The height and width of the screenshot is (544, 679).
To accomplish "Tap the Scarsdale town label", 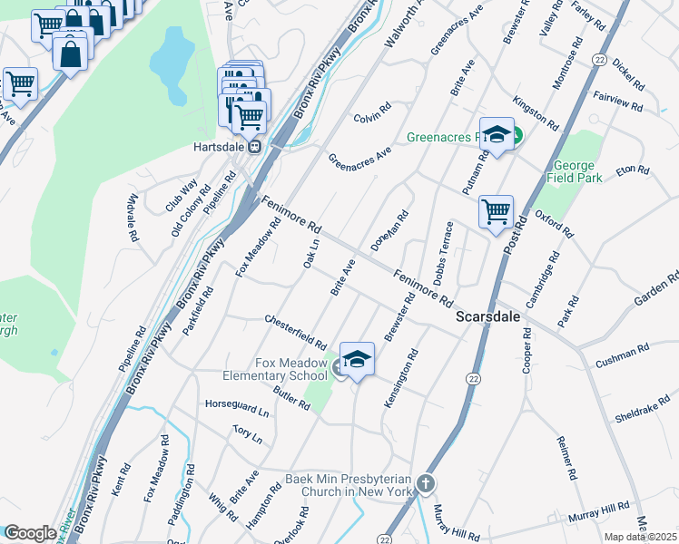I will coord(487,317).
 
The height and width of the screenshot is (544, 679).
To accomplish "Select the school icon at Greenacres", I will coord(497,135).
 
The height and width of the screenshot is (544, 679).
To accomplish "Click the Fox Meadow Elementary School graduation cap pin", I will coord(357,360).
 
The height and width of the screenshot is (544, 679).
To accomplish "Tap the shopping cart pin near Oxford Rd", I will coord(496,212).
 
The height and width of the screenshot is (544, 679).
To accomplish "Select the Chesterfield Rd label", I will coord(295,332).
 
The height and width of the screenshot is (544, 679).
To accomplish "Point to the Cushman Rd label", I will coord(623,355).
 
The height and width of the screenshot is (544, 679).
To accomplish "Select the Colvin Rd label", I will coord(371,112).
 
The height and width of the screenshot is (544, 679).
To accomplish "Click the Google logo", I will coord(29,532).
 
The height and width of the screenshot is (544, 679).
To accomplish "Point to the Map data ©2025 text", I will coord(640,537).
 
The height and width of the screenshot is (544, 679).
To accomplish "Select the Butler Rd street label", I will coord(290,397).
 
